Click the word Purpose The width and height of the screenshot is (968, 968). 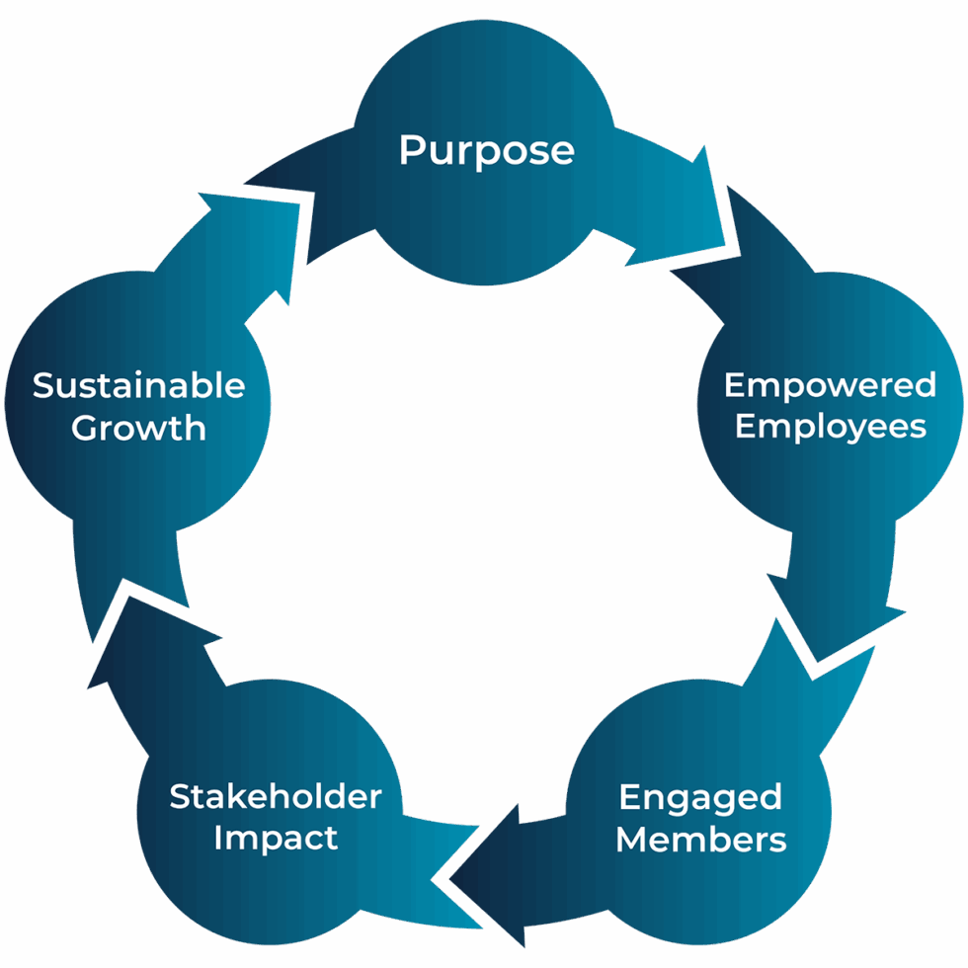(486, 150)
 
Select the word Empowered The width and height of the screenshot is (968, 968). (830, 386)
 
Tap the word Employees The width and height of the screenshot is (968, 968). (831, 427)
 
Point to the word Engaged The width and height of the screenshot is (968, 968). (700, 798)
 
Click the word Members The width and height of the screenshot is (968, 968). (700, 840)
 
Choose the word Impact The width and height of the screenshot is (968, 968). (276, 839)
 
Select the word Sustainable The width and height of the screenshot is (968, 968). (139, 386)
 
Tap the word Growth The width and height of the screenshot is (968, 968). (138, 428)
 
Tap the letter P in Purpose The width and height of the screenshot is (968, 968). (413, 150)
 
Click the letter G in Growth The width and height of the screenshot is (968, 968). (87, 428)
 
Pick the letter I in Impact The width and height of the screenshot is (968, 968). (217, 838)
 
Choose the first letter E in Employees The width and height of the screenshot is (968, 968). (746, 427)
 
